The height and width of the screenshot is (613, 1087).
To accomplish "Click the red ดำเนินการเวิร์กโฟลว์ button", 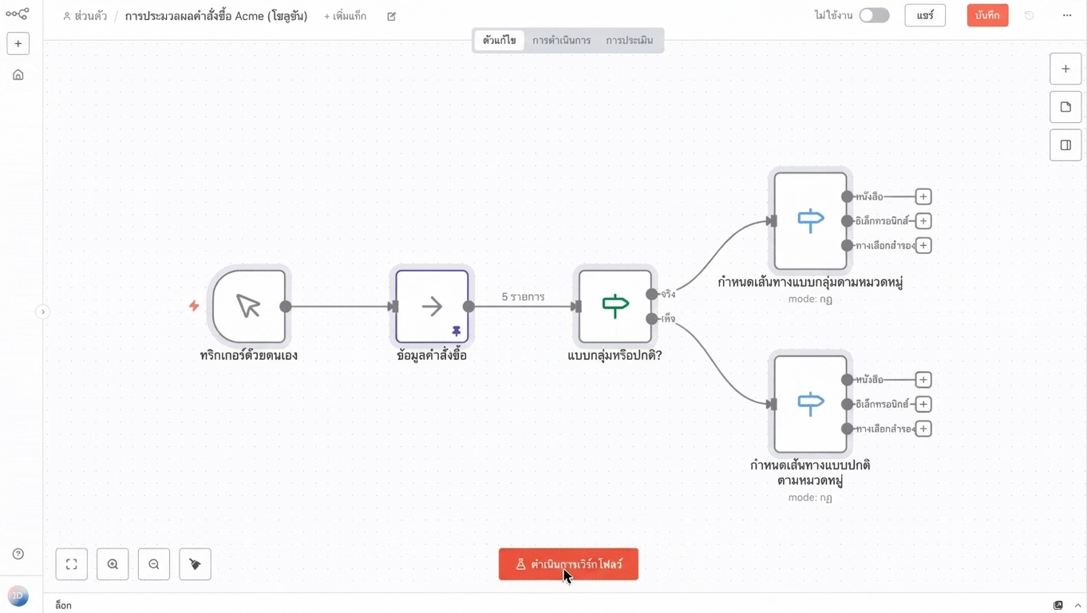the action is tap(568, 564).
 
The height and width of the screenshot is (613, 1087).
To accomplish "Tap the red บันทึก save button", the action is tap(987, 15).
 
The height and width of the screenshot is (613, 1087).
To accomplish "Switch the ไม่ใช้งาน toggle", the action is tap(874, 15).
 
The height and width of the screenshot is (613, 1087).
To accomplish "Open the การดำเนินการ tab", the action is tap(561, 40).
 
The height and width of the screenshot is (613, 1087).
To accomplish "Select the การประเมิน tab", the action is tap(630, 40).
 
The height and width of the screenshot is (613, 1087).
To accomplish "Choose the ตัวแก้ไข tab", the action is tap(500, 40).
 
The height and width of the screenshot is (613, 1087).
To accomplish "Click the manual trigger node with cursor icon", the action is tap(249, 306).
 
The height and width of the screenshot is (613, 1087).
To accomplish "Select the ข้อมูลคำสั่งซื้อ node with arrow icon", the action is tap(432, 306).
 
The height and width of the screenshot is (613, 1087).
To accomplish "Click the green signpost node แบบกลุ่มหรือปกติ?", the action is tap(615, 306).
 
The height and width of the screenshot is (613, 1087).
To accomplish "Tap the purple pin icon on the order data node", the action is tap(457, 331).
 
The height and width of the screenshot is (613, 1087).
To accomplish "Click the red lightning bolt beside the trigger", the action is tap(194, 306).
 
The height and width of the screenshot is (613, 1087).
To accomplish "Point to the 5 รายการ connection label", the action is tap(523, 297).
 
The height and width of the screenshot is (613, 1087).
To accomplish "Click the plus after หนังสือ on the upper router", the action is tap(923, 196).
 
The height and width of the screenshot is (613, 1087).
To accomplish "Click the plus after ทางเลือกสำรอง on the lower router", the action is tap(923, 429).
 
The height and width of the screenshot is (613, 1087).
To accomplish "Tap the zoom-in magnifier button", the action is tap(113, 564).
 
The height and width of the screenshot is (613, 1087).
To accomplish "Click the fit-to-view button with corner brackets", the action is tap(71, 564).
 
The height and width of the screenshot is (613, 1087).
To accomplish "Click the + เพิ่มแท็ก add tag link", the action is tap(345, 16).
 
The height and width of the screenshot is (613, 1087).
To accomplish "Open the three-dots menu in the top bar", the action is tap(1066, 15).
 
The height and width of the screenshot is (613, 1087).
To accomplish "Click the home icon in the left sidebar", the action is tap(18, 75).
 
